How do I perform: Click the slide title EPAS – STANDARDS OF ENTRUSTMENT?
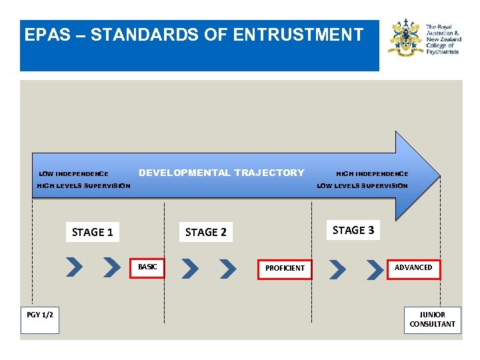[x=193, y=35]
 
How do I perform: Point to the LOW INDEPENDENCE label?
[x=73, y=174]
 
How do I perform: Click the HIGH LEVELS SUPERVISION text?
[x=83, y=186]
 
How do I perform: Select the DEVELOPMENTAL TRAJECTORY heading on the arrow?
[x=221, y=173]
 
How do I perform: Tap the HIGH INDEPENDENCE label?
[x=372, y=174]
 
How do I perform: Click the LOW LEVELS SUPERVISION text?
[x=362, y=186]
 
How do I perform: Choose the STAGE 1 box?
[x=93, y=232]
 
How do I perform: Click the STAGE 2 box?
[x=206, y=232]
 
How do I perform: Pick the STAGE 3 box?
[x=353, y=230]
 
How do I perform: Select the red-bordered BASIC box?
[x=147, y=267]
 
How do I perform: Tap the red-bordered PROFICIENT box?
[x=285, y=268]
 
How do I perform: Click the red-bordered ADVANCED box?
[x=413, y=267]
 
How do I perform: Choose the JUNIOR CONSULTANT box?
[x=433, y=319]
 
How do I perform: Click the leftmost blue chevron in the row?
[x=75, y=267]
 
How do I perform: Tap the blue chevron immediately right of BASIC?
[x=190, y=268]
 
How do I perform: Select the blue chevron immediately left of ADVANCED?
[x=375, y=268]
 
